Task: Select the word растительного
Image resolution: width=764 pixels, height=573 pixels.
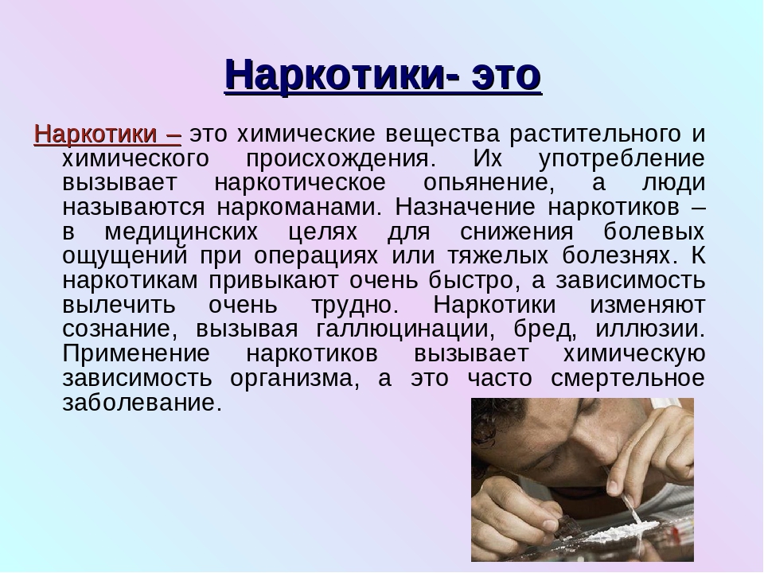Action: (595, 134)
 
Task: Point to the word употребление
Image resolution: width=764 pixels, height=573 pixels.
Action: (622, 159)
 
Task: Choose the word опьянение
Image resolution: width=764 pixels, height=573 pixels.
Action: (489, 183)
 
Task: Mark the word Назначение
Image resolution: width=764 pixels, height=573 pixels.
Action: (465, 207)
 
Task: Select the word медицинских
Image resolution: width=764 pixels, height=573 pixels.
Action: (181, 232)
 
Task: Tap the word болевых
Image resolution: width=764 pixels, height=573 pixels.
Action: (654, 231)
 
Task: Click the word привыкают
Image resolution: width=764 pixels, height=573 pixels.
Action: (273, 281)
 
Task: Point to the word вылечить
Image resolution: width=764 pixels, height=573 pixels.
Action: (119, 306)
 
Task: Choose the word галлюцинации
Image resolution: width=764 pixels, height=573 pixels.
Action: (405, 329)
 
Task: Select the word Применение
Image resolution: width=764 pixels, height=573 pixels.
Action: (136, 353)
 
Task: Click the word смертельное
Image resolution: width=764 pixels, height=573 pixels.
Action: (628, 377)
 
